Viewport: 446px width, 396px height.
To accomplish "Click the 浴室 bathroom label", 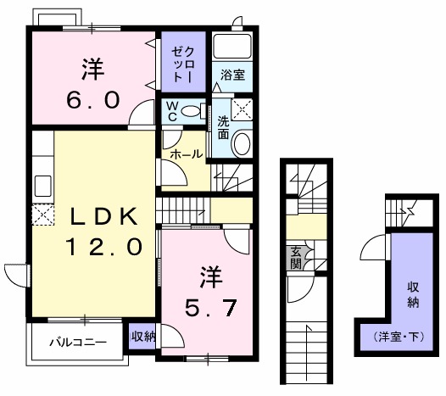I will (232, 75).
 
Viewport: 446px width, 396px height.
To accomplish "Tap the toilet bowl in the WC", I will (193, 110).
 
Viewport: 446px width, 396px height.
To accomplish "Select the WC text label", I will (171, 111).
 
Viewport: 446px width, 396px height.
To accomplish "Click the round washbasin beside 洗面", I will (241, 144).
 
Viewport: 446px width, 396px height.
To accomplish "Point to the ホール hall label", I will (186, 154).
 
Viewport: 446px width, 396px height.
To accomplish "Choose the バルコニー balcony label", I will (77, 343).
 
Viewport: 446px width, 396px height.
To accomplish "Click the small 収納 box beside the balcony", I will (143, 336).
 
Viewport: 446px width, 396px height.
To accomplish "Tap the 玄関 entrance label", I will (296, 256).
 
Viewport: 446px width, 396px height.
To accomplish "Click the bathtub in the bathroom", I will (232, 47).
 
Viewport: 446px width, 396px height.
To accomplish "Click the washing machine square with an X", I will (243, 108).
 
